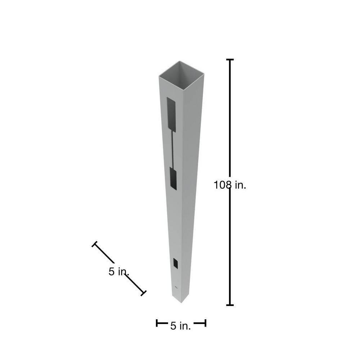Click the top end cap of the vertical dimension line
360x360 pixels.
tap(230, 59)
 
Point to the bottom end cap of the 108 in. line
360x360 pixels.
tap(230, 305)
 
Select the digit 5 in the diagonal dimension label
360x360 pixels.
tap(112, 272)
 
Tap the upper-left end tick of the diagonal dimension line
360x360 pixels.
tap(95, 244)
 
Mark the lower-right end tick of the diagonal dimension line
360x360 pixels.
tap(143, 293)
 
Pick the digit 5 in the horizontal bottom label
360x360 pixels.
tap(173, 326)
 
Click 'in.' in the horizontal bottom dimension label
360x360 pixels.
tap(185, 326)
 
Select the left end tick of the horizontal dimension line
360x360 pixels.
tap(157, 323)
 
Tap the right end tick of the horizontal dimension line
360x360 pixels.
tap(205, 323)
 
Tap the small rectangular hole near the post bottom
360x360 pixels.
tap(175, 263)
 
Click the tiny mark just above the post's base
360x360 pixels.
tap(176, 287)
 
